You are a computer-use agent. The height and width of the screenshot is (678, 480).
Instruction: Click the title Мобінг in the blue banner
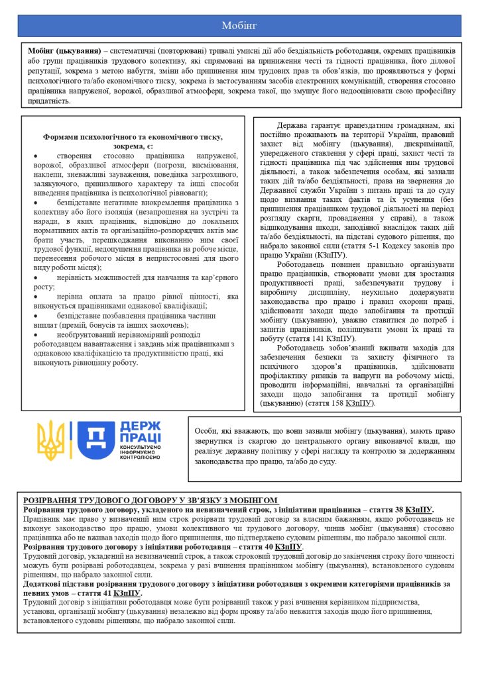239,26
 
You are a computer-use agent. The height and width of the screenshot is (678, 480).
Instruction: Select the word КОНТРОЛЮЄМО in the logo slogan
140,458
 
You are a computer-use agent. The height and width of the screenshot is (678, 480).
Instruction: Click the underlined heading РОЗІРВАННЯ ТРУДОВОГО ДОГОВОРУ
151,500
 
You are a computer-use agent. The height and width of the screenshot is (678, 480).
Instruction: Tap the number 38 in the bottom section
392,510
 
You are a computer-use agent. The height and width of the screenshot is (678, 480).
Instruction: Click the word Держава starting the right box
293,124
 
